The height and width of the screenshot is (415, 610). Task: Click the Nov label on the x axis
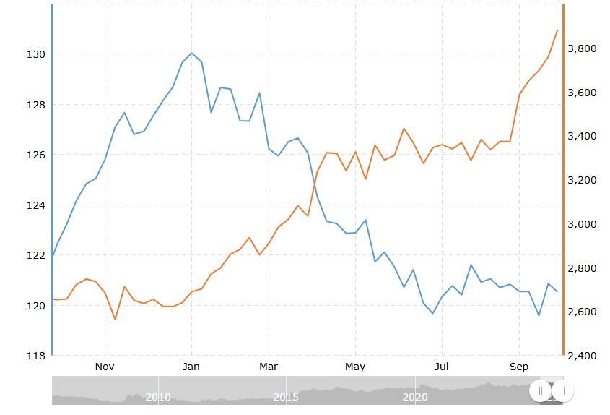[105, 367]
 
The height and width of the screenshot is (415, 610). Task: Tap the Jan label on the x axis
[191, 367]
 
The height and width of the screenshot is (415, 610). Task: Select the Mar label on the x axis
[269, 367]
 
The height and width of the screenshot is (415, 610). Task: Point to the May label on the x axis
[355, 367]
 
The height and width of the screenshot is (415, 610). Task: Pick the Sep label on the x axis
[519, 367]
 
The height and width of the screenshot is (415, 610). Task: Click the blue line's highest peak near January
[191, 53]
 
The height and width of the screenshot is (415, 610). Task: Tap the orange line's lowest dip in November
[115, 320]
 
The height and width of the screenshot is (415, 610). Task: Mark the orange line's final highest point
[557, 30]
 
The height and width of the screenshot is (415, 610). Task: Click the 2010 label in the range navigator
[158, 397]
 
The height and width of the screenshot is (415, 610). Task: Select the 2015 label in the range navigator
[286, 397]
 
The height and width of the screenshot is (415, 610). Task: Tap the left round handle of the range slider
[540, 390]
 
